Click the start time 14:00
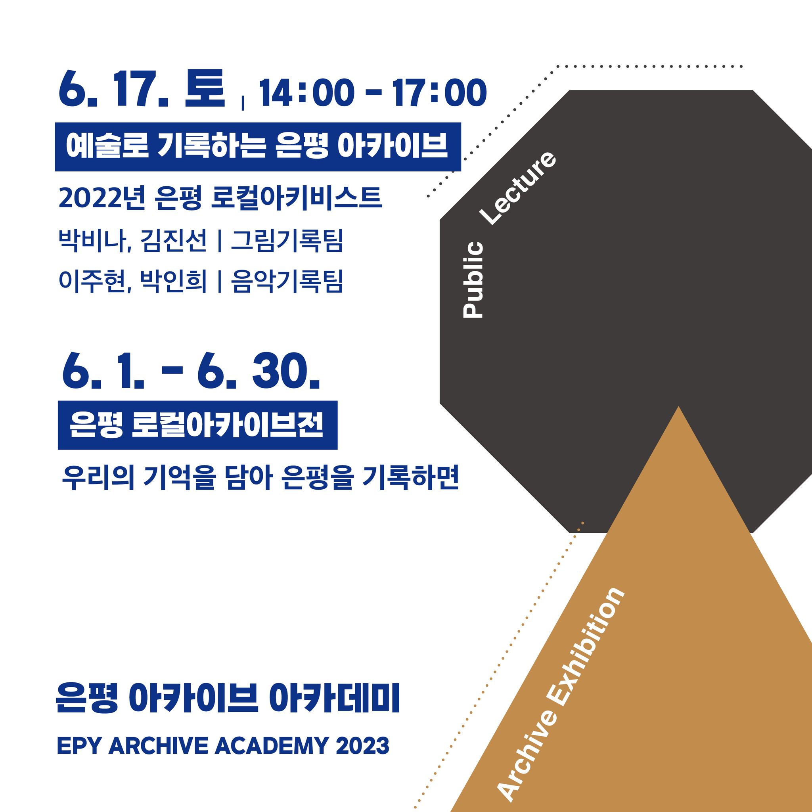(304, 93)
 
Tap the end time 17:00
(440, 93)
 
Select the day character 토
(205, 88)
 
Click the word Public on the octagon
(473, 280)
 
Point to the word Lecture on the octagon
(519, 188)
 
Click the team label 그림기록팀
(287, 241)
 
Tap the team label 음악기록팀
(287, 281)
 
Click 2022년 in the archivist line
(102, 198)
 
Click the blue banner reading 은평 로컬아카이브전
(197, 425)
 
